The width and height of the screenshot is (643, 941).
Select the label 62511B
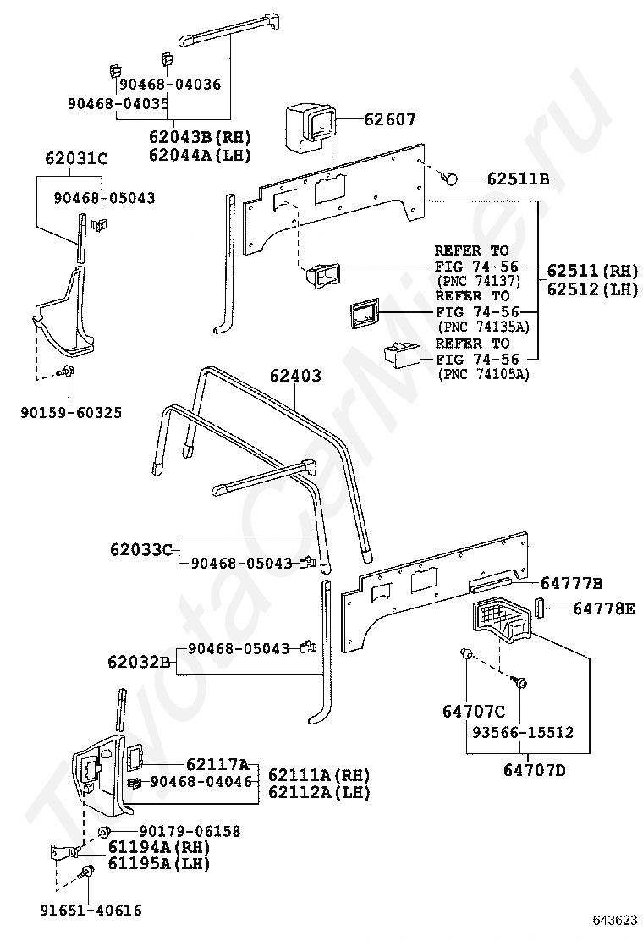[518, 179]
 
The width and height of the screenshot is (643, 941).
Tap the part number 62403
[295, 375]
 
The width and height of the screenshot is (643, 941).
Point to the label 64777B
[571, 583]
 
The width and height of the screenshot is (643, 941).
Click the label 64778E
[603, 608]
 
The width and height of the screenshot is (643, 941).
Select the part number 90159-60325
[71, 412]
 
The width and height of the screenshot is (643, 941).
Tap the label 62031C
[76, 157]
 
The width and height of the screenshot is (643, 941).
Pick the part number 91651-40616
[91, 910]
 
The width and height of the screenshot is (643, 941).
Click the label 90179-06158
[190, 831]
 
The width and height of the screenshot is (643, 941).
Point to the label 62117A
[217, 763]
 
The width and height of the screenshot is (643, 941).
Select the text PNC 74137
[478, 281]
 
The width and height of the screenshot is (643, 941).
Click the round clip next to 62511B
[451, 178]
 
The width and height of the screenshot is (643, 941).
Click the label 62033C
[140, 549]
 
